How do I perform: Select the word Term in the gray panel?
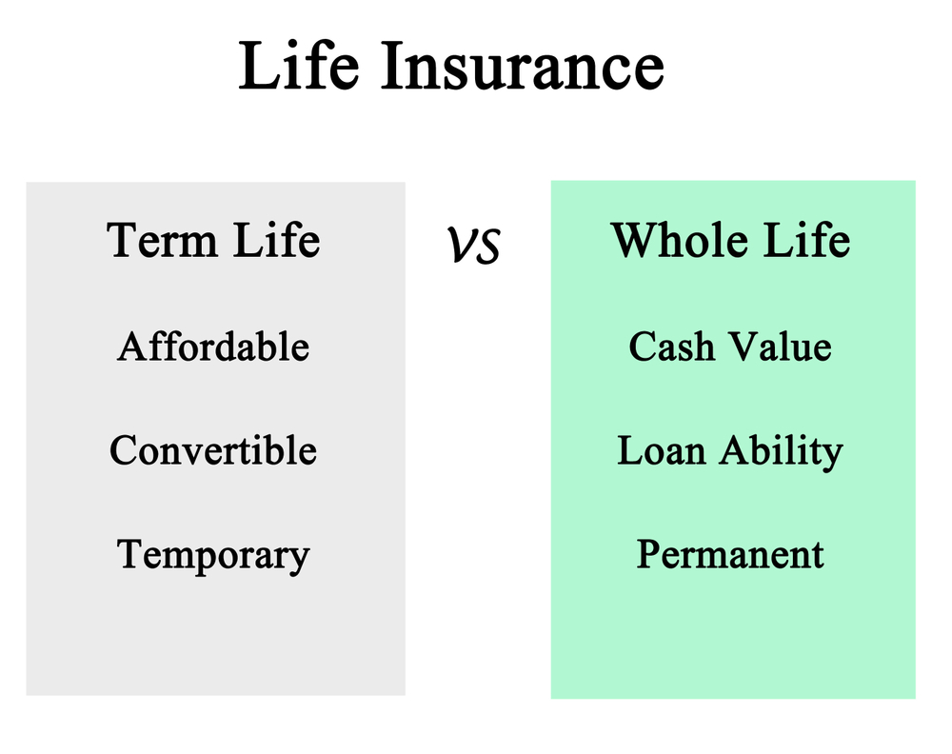coord(162,240)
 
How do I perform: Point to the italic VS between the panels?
coord(473,246)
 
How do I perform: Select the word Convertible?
coord(213,450)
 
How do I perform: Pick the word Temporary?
coord(213,555)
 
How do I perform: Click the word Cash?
coord(671,347)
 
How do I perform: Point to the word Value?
coord(781,347)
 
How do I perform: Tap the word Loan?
coord(662,450)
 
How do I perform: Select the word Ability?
coord(782,452)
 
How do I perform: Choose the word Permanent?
coord(730,554)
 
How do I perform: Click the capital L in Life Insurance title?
coord(259,67)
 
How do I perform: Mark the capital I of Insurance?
coord(393,67)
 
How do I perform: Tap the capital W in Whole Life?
coord(636,240)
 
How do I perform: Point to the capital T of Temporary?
coord(131,553)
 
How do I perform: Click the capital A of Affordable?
coord(133,347)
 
